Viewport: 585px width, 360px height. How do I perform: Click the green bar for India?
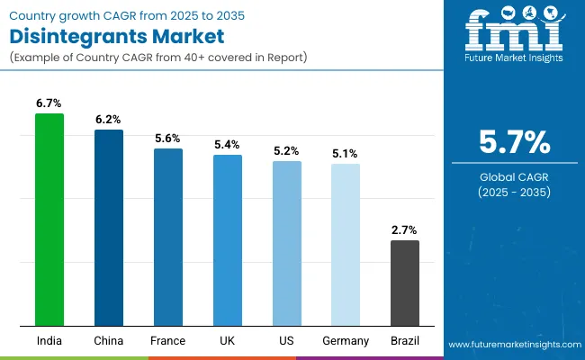coord(49,220)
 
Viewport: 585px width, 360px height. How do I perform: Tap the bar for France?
coord(168,237)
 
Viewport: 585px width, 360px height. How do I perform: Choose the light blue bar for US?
coord(287,243)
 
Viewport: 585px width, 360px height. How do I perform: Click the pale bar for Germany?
coord(346,245)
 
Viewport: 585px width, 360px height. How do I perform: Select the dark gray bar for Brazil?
coord(405,283)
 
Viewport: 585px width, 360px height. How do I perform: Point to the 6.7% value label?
coord(49,103)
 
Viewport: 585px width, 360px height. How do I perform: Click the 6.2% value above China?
coord(109,120)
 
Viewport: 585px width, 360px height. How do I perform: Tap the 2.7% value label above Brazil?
coord(405,230)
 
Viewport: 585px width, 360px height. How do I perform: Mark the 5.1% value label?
coord(346,154)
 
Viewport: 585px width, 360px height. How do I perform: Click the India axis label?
coord(49,341)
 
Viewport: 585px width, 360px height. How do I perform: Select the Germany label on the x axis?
coord(346,341)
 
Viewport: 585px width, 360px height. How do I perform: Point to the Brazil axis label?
coord(405,341)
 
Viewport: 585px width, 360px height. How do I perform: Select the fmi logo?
coord(511,36)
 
